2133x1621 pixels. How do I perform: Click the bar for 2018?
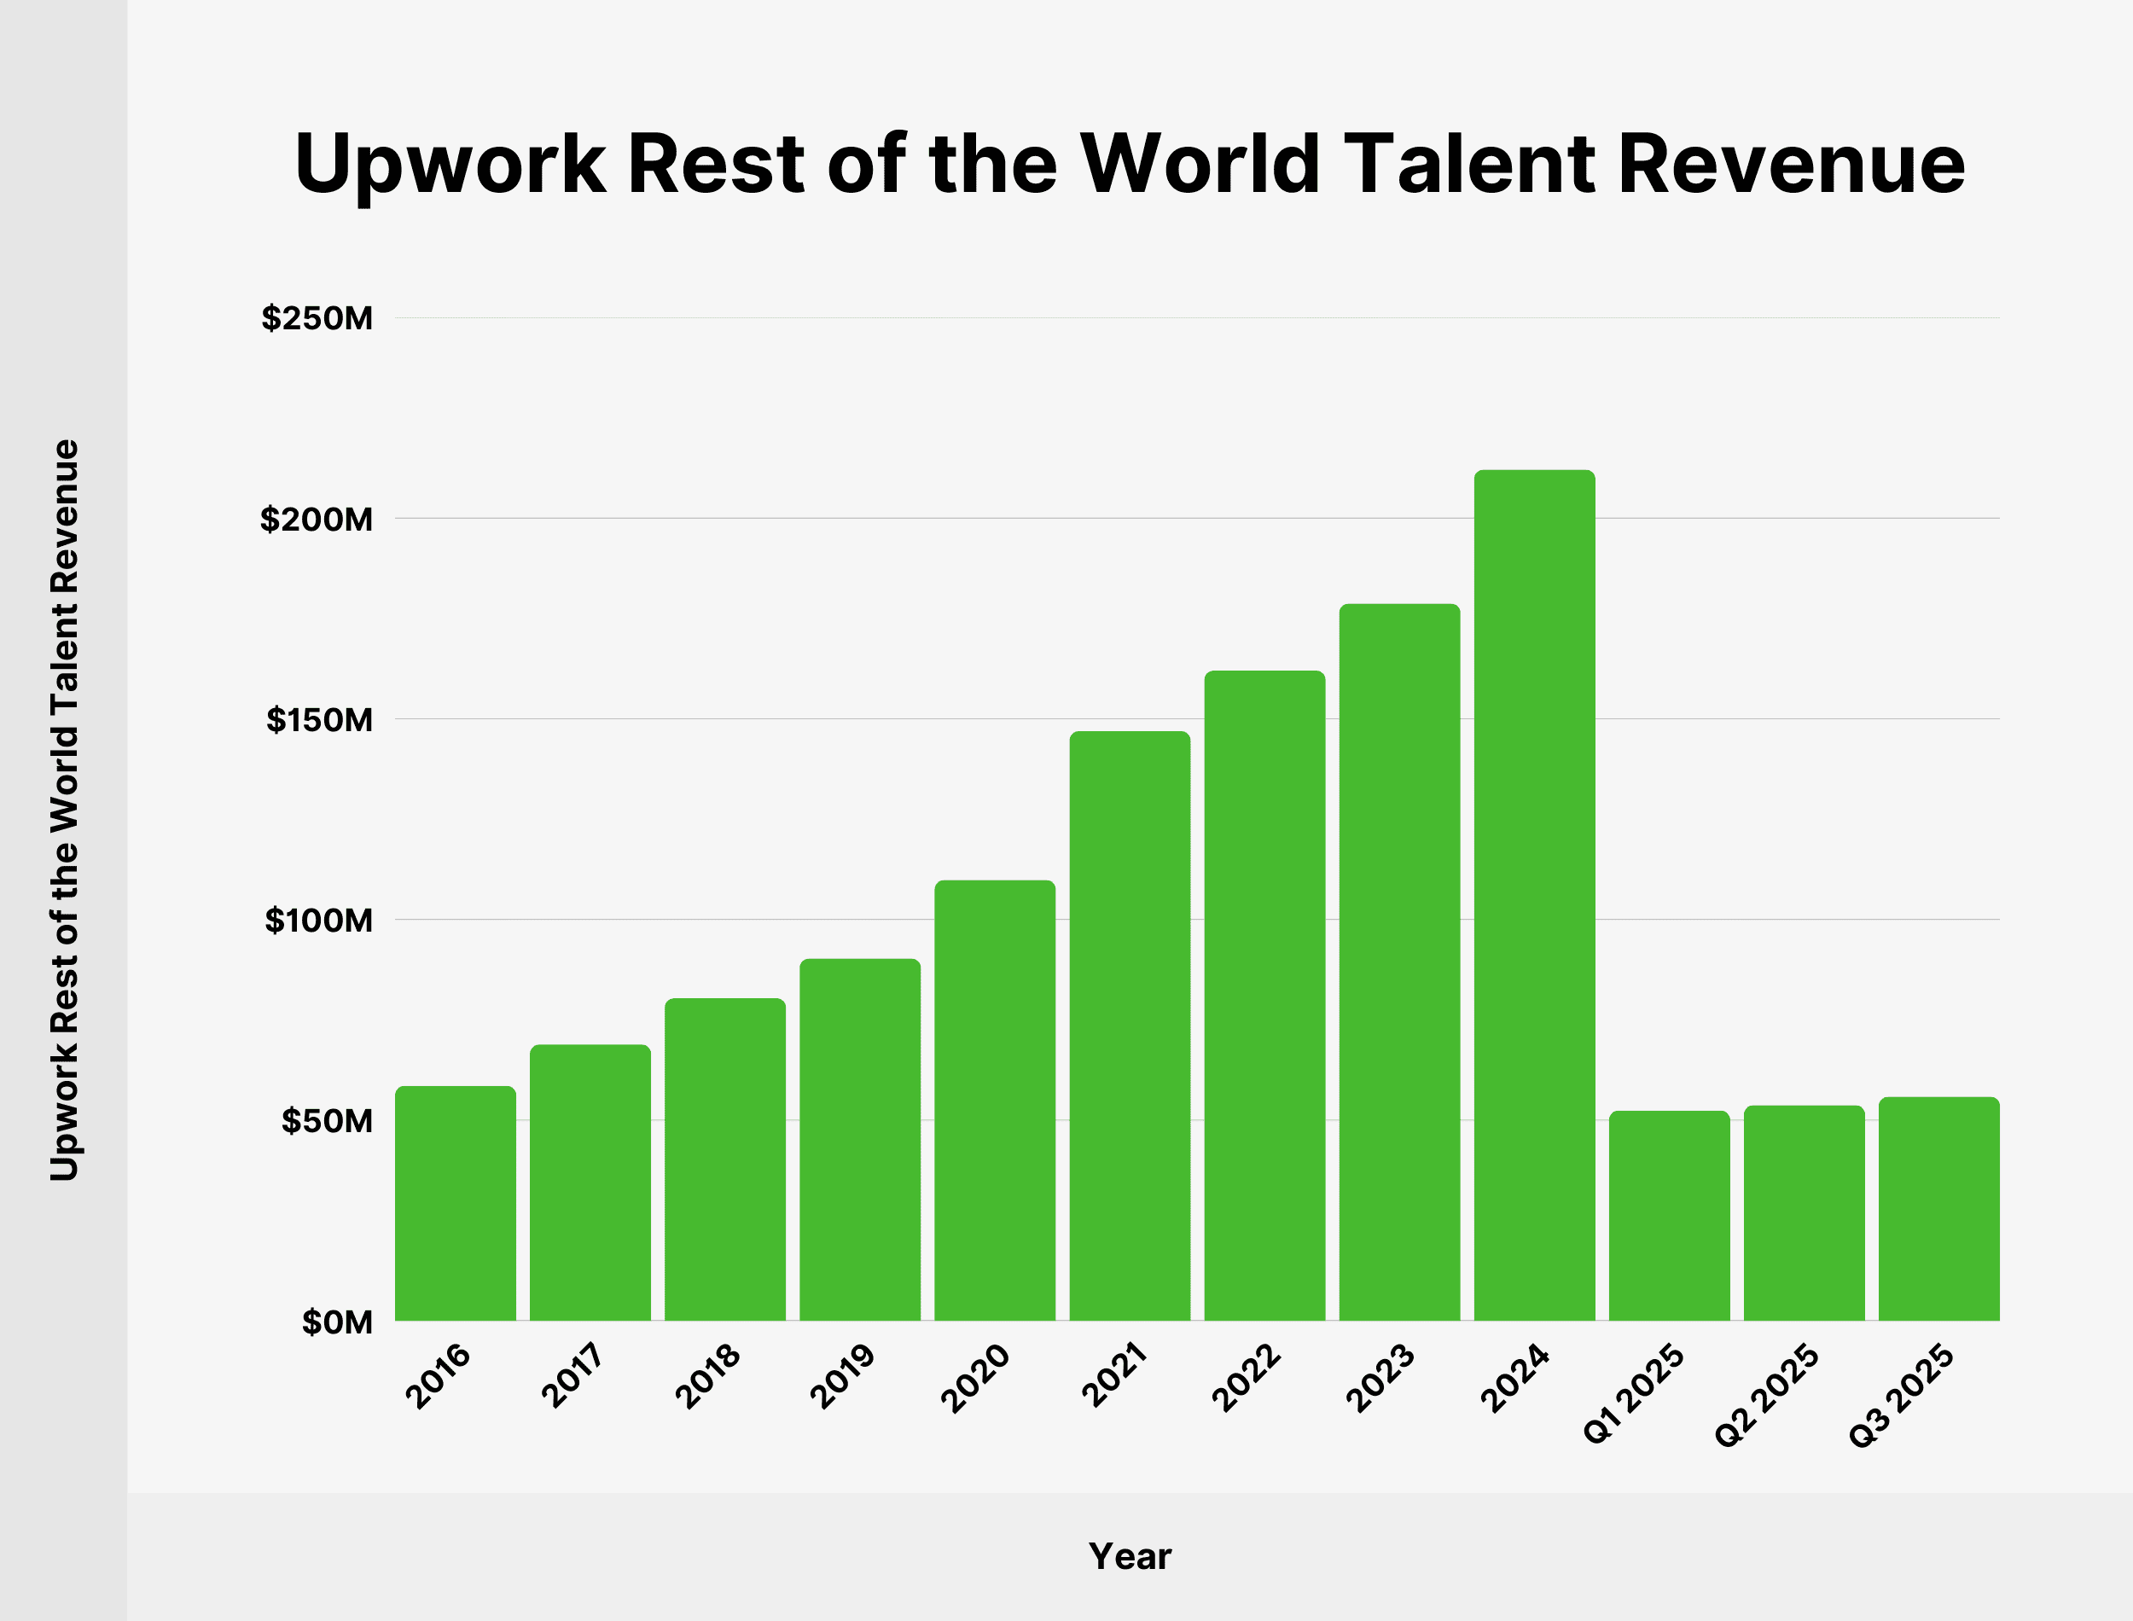point(724,1159)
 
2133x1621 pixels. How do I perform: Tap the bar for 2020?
point(995,1100)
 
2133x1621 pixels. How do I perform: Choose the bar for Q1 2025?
point(1669,1215)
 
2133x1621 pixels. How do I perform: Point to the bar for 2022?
point(1264,995)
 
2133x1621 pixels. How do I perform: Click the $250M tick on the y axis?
point(317,318)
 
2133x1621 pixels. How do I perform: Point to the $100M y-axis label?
point(318,921)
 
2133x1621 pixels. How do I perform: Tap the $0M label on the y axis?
point(337,1322)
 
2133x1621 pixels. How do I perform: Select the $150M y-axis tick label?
point(318,720)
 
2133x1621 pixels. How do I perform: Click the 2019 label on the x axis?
point(842,1376)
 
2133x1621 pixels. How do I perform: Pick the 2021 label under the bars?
point(1114,1376)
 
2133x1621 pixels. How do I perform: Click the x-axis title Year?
point(1129,1556)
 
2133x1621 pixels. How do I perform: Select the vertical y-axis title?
point(64,810)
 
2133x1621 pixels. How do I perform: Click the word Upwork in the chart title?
point(450,164)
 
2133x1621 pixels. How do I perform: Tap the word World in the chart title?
point(1200,164)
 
